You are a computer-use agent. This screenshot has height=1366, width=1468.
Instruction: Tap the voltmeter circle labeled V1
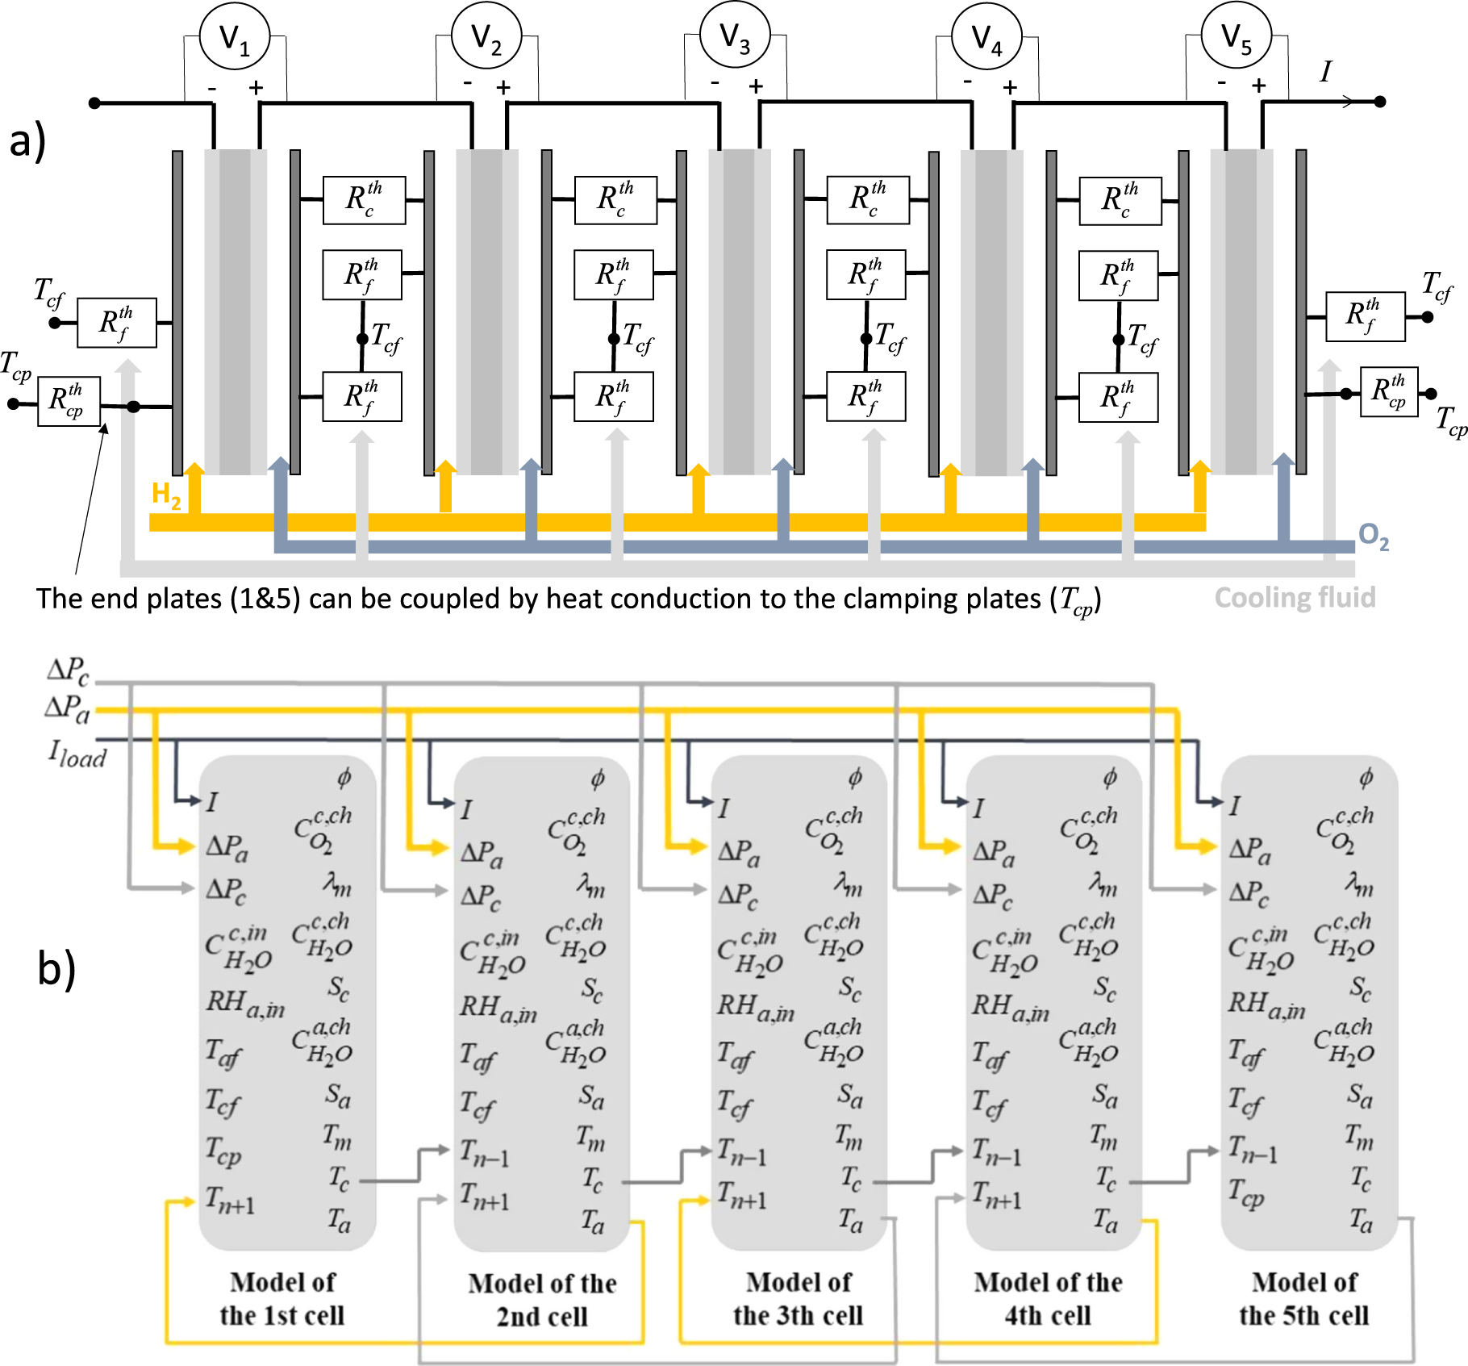[235, 36]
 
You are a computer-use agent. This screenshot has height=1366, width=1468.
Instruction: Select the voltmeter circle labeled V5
[1236, 36]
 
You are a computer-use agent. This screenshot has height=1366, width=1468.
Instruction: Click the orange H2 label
[166, 494]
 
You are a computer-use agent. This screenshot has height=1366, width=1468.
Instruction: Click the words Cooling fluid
[1295, 597]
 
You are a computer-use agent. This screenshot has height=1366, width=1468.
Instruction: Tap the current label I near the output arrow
[1325, 72]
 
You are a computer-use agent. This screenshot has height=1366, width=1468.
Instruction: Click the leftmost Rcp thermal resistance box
[69, 401]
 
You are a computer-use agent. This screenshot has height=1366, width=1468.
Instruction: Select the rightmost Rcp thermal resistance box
[1388, 391]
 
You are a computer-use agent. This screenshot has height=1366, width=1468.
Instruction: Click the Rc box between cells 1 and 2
[364, 199]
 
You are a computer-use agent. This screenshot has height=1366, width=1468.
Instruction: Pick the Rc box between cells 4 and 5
[1120, 200]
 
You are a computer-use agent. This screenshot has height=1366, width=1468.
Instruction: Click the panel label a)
[27, 140]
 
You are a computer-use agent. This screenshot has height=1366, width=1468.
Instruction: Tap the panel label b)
[56, 967]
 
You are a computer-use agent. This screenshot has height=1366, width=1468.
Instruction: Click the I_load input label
[77, 755]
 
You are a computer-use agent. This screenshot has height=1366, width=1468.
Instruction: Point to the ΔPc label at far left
[69, 670]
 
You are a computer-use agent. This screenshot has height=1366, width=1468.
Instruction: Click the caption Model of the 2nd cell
[542, 1299]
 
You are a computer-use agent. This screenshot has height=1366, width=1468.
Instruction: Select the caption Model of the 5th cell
[1303, 1298]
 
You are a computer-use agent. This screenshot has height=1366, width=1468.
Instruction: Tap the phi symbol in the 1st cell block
[344, 777]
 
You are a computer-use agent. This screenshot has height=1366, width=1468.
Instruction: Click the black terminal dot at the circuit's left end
[94, 102]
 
